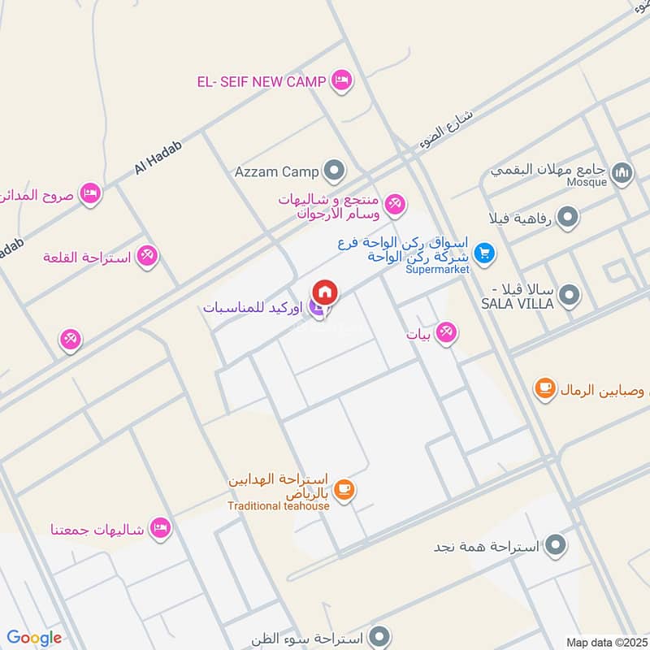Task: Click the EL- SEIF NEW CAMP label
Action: (x=262, y=81)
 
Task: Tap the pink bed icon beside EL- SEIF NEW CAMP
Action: (x=342, y=80)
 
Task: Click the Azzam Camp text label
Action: (x=277, y=171)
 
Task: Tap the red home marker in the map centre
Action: (x=325, y=292)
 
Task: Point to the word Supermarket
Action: (x=438, y=269)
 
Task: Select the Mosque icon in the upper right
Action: (x=622, y=172)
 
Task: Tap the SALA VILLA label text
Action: (x=518, y=303)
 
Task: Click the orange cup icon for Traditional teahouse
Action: (x=344, y=488)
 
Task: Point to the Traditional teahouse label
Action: (x=278, y=506)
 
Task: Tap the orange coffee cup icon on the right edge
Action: (x=544, y=389)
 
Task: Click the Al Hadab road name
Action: (x=158, y=157)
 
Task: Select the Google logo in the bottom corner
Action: (x=34, y=638)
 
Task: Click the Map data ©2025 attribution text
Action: (x=605, y=642)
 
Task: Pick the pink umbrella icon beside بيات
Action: (x=445, y=331)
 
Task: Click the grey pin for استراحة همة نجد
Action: (x=557, y=544)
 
